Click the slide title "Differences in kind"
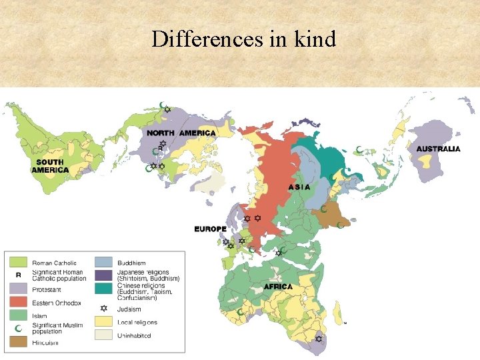click(x=243, y=39)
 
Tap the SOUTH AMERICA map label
click(x=50, y=166)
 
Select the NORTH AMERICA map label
click(x=181, y=133)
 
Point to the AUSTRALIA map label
click(x=438, y=149)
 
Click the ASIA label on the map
click(x=299, y=187)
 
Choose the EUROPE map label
click(x=210, y=229)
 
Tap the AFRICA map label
click(x=278, y=287)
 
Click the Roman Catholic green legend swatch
click(x=18, y=263)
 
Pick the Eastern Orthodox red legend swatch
click(x=18, y=302)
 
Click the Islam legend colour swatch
click(x=18, y=315)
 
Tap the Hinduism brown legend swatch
click(x=18, y=342)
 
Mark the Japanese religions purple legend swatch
click(x=103, y=275)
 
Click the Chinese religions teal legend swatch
click(x=103, y=288)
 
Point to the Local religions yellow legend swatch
click(x=103, y=322)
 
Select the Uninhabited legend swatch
click(x=103, y=335)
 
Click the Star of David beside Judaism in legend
click(x=103, y=309)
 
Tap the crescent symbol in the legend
click(x=18, y=328)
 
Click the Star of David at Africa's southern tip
click(x=319, y=339)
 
